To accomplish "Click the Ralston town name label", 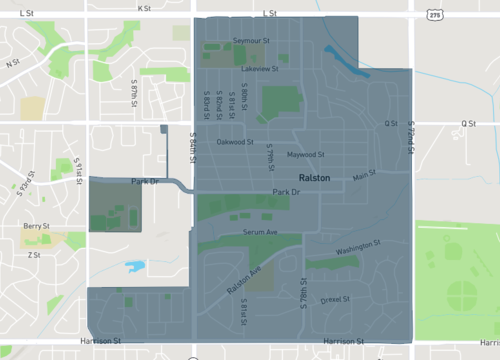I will [315, 178].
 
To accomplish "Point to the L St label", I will [269, 14].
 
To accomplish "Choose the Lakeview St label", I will [260, 70].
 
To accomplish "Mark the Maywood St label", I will [307, 155].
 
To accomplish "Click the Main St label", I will [364, 176].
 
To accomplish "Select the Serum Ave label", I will [259, 231].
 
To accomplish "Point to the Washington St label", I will [358, 246].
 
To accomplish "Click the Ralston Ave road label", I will [243, 279].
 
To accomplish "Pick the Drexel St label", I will [334, 300].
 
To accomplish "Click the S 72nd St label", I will [410, 139].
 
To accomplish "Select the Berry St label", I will [37, 227].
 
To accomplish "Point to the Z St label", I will [34, 255].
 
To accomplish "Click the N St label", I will [13, 63].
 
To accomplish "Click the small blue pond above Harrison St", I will [136, 267].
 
